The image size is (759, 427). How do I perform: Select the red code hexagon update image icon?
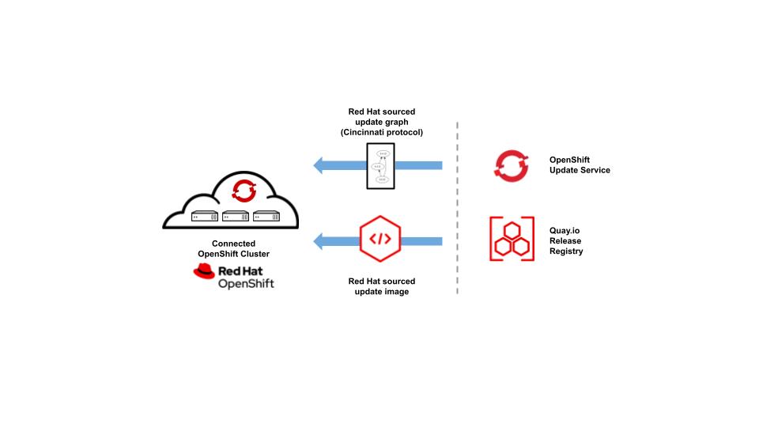tap(379, 240)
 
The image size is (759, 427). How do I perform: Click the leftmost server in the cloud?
tap(203, 215)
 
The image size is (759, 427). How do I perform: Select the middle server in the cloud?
tap(236, 215)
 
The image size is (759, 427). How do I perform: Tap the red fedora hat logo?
tap(204, 272)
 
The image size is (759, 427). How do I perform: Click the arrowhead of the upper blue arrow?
tap(319, 165)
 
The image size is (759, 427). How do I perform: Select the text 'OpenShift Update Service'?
tap(580, 164)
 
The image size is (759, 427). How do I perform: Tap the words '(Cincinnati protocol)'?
tap(382, 132)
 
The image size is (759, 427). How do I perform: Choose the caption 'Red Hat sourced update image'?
tap(381, 286)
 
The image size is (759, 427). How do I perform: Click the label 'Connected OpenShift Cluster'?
tap(234, 248)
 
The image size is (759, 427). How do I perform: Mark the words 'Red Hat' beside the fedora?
tap(246, 270)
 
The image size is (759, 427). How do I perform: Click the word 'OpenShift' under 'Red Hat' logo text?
tap(246, 284)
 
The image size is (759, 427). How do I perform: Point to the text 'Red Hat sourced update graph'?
tap(382, 117)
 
